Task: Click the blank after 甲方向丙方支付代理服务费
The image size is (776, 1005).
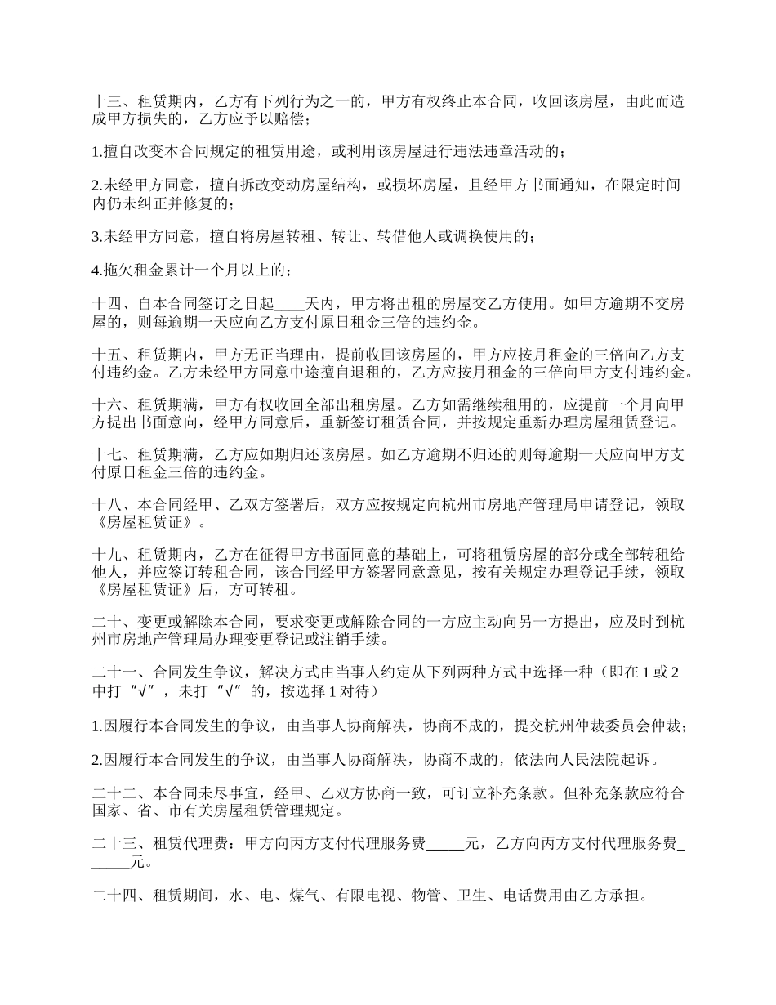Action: coord(445,844)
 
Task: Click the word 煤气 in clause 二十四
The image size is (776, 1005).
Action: coord(300,896)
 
